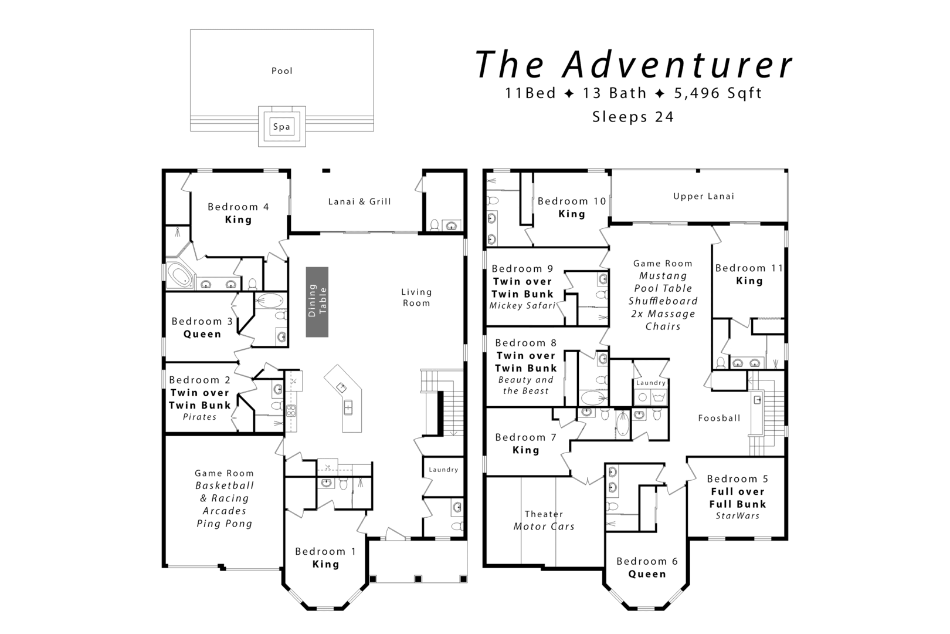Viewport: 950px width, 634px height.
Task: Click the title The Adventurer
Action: pyautogui.click(x=633, y=65)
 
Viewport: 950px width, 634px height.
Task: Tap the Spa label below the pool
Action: pyautogui.click(x=281, y=127)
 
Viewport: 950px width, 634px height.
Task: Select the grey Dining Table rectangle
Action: pyautogui.click(x=317, y=302)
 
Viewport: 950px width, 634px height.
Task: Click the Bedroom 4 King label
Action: pyautogui.click(x=238, y=213)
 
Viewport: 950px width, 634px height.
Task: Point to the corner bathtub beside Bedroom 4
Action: pyautogui.click(x=180, y=276)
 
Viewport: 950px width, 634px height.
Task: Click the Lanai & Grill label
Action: pyautogui.click(x=359, y=201)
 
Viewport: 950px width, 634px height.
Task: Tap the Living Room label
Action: pyautogui.click(x=416, y=297)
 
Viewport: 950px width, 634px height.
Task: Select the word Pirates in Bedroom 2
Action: pyautogui.click(x=200, y=417)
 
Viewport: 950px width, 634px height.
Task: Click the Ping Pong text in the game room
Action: pyautogui.click(x=224, y=524)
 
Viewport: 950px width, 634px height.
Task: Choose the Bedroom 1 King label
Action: pyautogui.click(x=325, y=558)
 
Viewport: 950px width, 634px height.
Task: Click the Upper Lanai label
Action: pyautogui.click(x=703, y=196)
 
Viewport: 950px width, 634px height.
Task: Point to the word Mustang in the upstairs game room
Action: pyautogui.click(x=663, y=276)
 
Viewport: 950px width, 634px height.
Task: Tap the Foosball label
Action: pyautogui.click(x=719, y=418)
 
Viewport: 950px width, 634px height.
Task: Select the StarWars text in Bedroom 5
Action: pyautogui.click(x=737, y=516)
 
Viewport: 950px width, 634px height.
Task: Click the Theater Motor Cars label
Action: pyautogui.click(x=544, y=520)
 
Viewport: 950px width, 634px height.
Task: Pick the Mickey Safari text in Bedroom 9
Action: pyautogui.click(x=522, y=306)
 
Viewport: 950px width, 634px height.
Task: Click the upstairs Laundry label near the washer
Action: pyautogui.click(x=650, y=383)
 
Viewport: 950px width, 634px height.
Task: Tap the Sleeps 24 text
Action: pyautogui.click(x=633, y=117)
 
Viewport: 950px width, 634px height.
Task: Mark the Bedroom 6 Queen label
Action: pyautogui.click(x=647, y=568)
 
